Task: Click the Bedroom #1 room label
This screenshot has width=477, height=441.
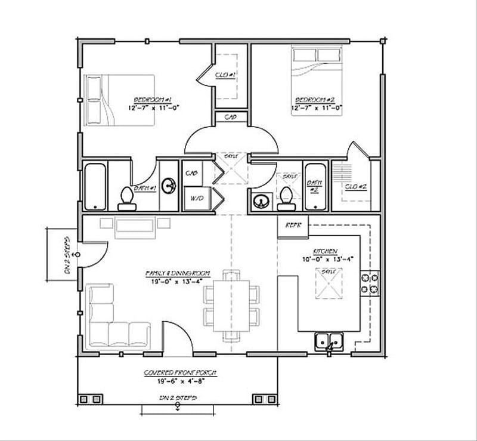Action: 153,99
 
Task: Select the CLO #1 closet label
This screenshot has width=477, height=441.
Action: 227,75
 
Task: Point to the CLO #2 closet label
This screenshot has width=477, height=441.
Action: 356,187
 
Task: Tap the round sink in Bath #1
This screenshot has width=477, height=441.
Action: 170,186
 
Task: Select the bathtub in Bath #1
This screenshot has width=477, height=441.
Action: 95,186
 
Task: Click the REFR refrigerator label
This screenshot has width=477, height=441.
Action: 293,226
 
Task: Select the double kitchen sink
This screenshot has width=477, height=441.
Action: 329,341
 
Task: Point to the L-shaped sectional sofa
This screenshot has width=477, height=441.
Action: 113,322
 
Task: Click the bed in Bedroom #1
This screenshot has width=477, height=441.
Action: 119,100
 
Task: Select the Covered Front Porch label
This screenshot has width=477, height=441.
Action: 179,372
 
